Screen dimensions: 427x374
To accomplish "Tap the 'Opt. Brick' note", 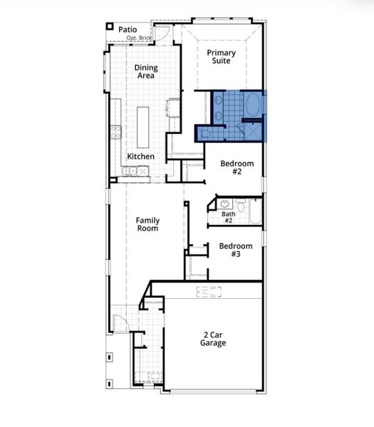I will (x=140, y=37).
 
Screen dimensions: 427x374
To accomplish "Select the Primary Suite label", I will (x=222, y=57).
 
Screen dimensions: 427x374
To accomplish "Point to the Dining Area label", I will (x=146, y=72).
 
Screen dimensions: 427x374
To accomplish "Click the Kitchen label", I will (x=141, y=157).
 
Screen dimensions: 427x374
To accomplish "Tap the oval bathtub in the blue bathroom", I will (x=252, y=105).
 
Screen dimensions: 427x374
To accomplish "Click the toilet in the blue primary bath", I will (x=206, y=132).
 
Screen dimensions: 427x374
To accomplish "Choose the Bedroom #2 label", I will (x=237, y=168).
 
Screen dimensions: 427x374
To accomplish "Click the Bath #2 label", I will (x=228, y=216).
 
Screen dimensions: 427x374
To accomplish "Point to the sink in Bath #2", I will (x=225, y=204).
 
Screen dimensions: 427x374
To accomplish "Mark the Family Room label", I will (x=147, y=225).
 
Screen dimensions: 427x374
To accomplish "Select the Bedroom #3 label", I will (x=235, y=251).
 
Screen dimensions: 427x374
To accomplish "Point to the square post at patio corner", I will (x=110, y=26).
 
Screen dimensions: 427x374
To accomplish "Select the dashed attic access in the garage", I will (x=209, y=291).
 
